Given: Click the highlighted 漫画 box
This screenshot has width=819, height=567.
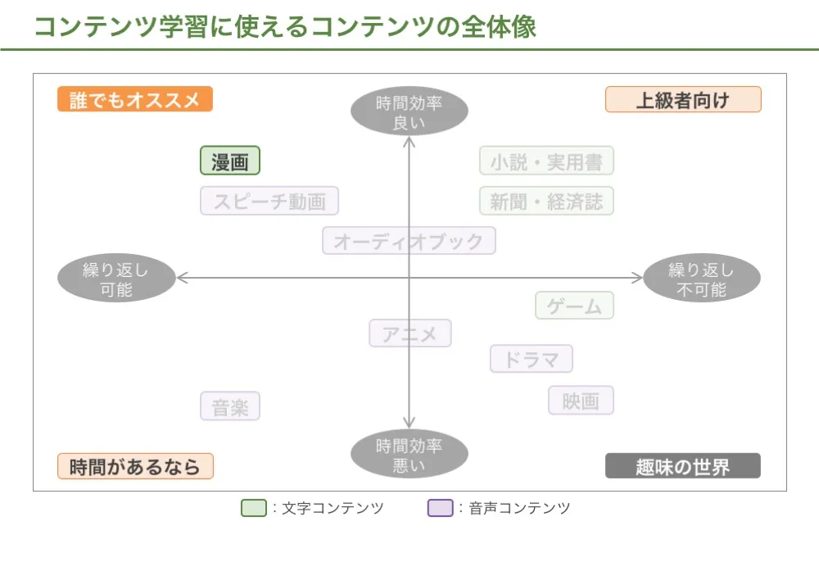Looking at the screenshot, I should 230,161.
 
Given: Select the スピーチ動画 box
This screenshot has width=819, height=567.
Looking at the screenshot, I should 269,201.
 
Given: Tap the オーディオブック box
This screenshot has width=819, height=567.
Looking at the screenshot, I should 409,241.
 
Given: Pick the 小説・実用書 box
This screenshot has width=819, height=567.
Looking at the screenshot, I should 546,161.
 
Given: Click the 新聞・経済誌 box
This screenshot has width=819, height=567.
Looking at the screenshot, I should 546,201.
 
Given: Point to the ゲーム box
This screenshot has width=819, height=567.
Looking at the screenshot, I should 574,306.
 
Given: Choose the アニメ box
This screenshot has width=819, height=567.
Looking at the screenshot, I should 409,333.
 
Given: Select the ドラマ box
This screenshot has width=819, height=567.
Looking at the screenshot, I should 531,359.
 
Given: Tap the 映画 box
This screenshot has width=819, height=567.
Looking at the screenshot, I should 581,401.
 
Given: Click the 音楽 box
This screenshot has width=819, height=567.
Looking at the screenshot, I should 230,406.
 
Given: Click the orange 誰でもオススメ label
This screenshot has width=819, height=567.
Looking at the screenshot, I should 135,99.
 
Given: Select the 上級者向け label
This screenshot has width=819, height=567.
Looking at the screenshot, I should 683,99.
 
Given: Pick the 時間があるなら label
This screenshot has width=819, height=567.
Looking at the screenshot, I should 135,466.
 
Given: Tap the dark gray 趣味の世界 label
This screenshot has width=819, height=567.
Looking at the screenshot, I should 683,466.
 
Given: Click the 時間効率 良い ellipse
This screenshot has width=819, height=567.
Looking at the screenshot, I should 409,112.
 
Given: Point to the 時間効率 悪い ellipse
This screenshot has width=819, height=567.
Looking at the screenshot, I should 409,455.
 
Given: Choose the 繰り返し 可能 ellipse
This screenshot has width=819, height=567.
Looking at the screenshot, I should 116,279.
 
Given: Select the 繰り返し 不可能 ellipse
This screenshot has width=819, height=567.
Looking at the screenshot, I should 702,279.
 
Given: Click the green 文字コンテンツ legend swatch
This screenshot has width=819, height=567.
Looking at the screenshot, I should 254,508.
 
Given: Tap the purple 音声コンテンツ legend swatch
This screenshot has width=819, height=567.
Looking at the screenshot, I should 440,508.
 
